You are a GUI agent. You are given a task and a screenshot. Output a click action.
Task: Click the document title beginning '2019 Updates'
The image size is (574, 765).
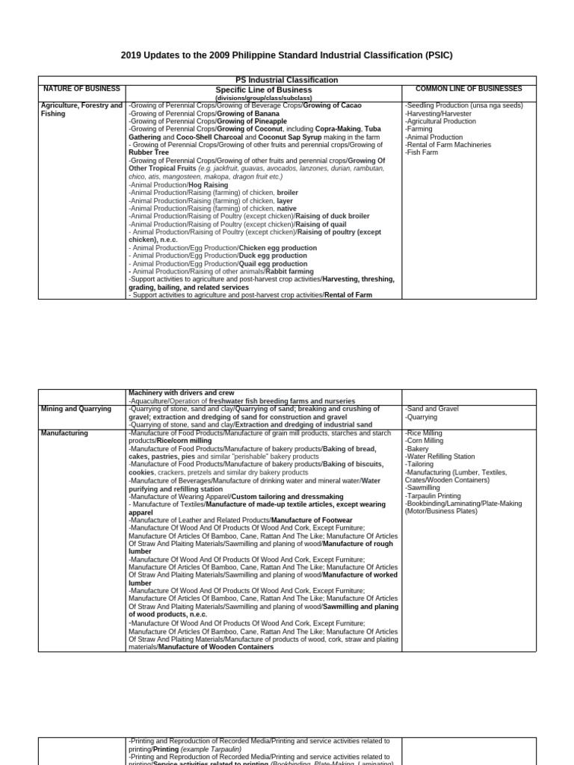point(287,55)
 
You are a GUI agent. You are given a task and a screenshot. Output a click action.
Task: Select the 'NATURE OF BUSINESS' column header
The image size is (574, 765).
point(81,89)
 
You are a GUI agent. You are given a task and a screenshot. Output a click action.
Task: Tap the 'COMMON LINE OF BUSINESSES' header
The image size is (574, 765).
point(469,89)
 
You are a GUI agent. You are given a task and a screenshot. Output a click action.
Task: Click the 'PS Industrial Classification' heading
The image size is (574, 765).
point(286,80)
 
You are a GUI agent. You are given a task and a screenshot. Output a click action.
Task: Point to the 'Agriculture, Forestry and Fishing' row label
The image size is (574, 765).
point(81,109)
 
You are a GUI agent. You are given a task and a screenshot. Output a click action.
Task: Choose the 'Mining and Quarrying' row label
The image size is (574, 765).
point(76,409)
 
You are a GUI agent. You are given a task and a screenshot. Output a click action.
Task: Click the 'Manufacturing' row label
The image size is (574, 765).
point(64,433)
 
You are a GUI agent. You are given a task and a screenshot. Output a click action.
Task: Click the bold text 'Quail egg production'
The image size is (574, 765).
point(273,264)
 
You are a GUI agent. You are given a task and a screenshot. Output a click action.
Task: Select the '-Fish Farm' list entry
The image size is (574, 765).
point(423,153)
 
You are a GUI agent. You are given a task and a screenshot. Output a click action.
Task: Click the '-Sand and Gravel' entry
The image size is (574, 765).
point(432,409)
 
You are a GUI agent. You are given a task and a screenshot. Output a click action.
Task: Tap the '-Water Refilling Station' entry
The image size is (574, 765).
point(439,456)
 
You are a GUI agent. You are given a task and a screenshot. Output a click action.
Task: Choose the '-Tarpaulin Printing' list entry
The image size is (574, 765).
point(433,496)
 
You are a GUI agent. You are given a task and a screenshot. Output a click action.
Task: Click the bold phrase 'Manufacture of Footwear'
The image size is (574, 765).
point(312,519)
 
